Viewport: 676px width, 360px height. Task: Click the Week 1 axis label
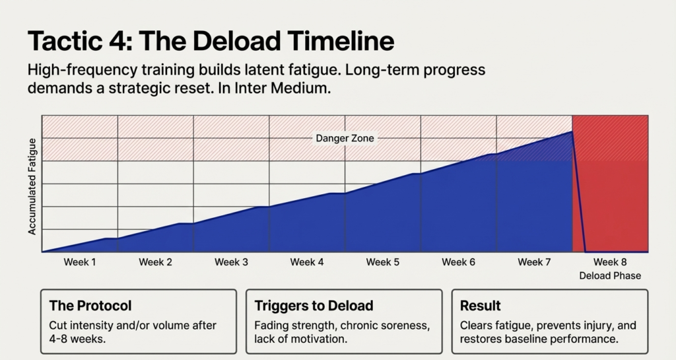[x=80, y=262]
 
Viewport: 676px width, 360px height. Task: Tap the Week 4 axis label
[x=307, y=262]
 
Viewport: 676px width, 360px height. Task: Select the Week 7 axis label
[x=534, y=262]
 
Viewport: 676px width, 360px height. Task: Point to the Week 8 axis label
[x=610, y=262]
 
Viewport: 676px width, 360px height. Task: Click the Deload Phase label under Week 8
[x=610, y=275]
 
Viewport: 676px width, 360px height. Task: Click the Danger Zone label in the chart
[x=345, y=138]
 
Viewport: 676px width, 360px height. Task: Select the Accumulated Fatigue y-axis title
[x=32, y=192]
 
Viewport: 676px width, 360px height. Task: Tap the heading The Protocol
[x=90, y=306]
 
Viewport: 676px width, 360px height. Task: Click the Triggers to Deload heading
[x=314, y=306]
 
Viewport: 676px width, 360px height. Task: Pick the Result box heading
[x=481, y=306]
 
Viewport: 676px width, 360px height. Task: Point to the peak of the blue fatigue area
[x=571, y=132]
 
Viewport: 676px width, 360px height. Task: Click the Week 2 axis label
[x=156, y=262]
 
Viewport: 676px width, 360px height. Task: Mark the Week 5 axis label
[x=383, y=262]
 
